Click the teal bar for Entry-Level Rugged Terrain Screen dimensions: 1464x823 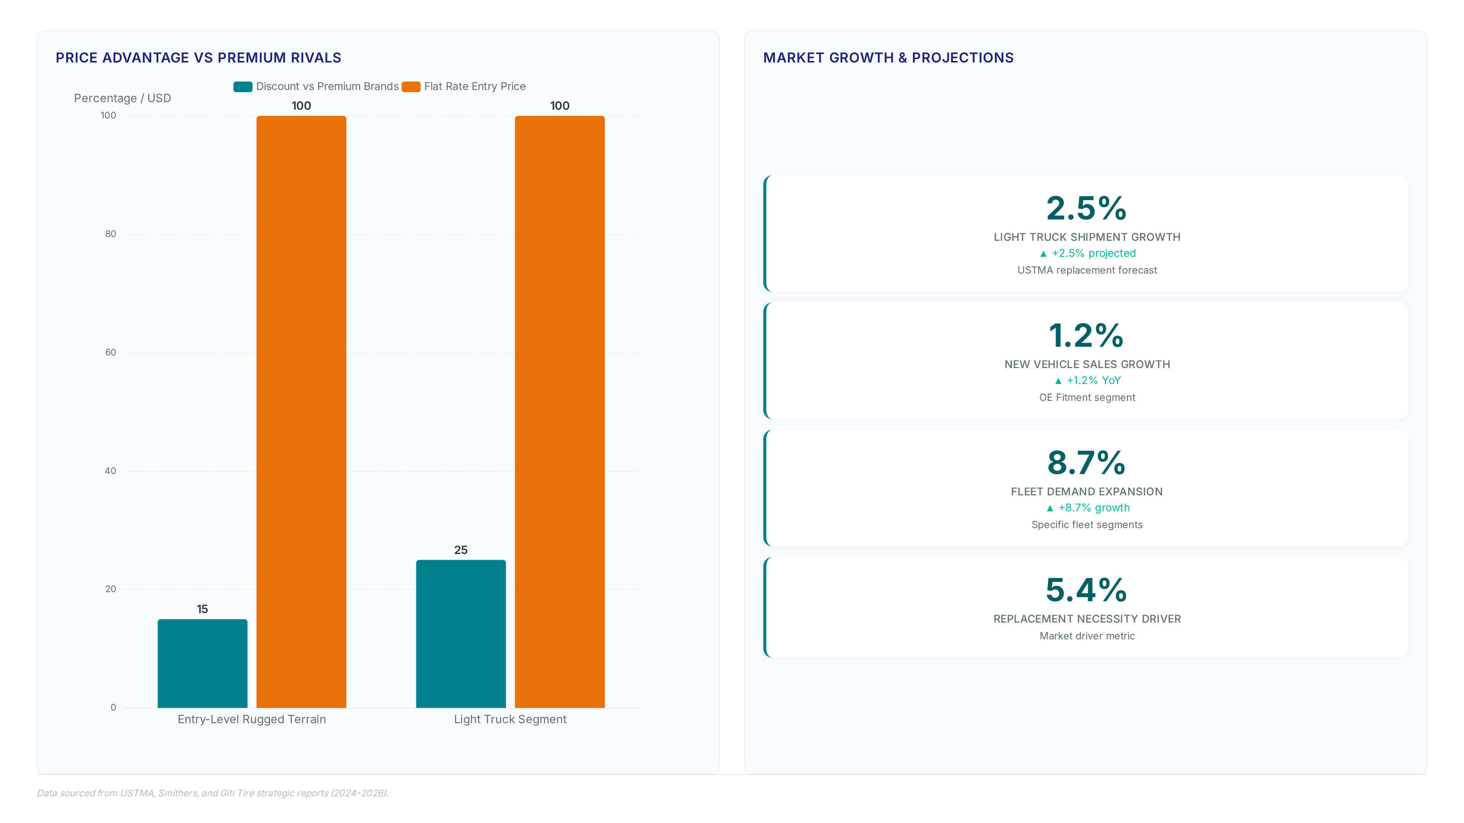click(202, 663)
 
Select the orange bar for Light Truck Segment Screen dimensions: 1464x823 click(560, 412)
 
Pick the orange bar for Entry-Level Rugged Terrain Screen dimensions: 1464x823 click(301, 412)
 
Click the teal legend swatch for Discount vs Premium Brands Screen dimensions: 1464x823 click(243, 86)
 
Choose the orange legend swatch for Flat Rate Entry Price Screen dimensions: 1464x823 click(411, 86)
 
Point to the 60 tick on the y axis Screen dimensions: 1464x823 click(110, 352)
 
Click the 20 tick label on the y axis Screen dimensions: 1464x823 click(110, 589)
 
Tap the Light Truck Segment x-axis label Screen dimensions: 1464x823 click(510, 719)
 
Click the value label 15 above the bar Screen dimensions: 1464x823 click(202, 609)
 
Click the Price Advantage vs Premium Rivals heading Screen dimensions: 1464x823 click(198, 58)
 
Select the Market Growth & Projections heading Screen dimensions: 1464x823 click(888, 58)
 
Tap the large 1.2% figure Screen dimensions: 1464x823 click(1087, 335)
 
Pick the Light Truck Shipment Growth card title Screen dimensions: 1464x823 click(1087, 237)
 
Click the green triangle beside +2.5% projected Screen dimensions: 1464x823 click(1043, 254)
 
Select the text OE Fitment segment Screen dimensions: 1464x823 click(1087, 397)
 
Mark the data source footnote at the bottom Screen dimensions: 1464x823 click(213, 793)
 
